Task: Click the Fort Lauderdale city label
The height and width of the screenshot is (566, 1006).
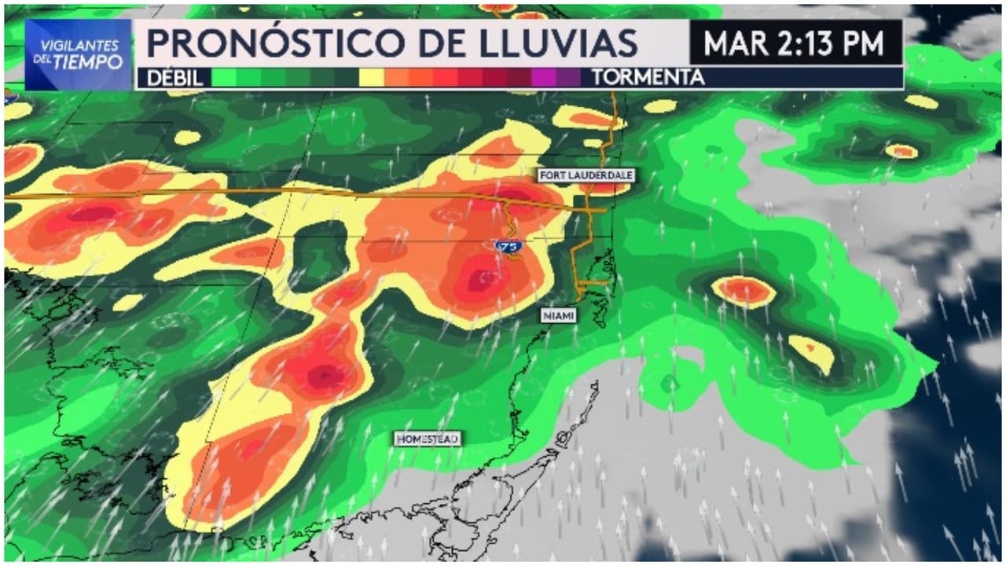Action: [x=586, y=175]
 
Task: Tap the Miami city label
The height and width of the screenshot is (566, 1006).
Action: [x=559, y=315]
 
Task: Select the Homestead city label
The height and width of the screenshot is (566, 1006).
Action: [x=427, y=439]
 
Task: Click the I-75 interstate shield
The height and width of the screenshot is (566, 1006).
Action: [x=511, y=247]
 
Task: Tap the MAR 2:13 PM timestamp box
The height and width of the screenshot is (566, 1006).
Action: [x=795, y=42]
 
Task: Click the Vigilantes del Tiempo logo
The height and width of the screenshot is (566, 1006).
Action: [x=79, y=54]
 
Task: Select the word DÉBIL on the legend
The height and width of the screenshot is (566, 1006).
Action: [x=171, y=78]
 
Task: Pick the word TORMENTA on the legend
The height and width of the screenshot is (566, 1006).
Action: [x=648, y=78]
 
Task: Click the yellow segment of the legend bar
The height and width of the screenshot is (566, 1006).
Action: [x=371, y=78]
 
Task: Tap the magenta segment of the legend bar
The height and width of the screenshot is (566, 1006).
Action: [x=543, y=78]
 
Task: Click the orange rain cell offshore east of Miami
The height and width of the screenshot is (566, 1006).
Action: [x=743, y=290]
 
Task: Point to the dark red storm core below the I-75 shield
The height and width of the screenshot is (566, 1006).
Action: [x=485, y=278]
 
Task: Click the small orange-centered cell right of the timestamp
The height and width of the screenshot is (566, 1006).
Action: [x=901, y=150]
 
